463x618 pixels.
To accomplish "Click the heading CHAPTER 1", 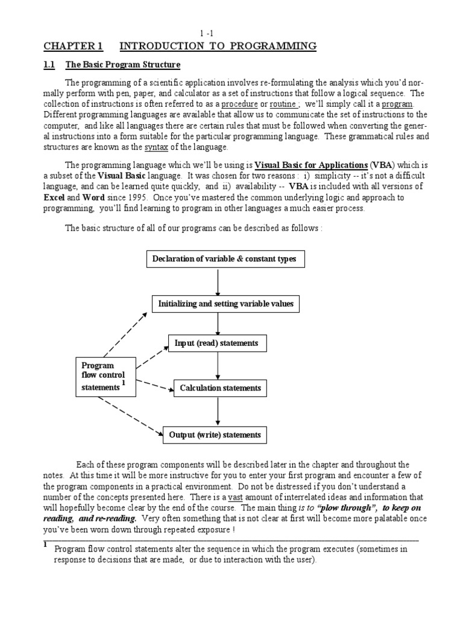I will tap(73, 46).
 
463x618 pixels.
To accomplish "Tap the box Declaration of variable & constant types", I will tap(224, 260).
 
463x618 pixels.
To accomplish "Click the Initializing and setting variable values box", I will tap(225, 304).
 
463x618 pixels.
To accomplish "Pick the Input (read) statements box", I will tap(216, 343).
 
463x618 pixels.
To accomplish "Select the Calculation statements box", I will tap(220, 388).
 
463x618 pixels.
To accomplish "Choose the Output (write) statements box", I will tap(217, 435).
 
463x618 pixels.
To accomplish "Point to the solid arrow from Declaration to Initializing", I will tap(218, 281).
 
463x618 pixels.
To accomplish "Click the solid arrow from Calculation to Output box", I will tap(218, 411).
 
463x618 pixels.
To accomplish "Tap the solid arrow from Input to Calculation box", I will tap(218, 366).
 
